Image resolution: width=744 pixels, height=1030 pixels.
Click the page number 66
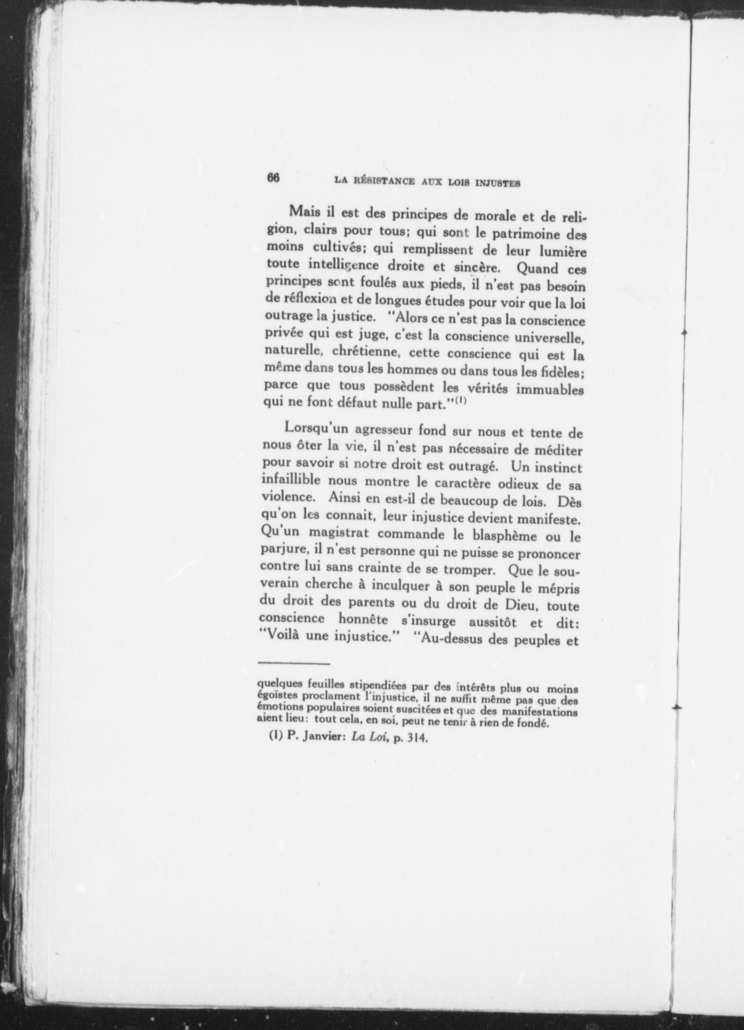pos(273,178)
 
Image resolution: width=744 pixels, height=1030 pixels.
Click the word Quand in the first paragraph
pos(537,269)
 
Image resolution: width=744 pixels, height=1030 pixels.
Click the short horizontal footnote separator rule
pos(294,663)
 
